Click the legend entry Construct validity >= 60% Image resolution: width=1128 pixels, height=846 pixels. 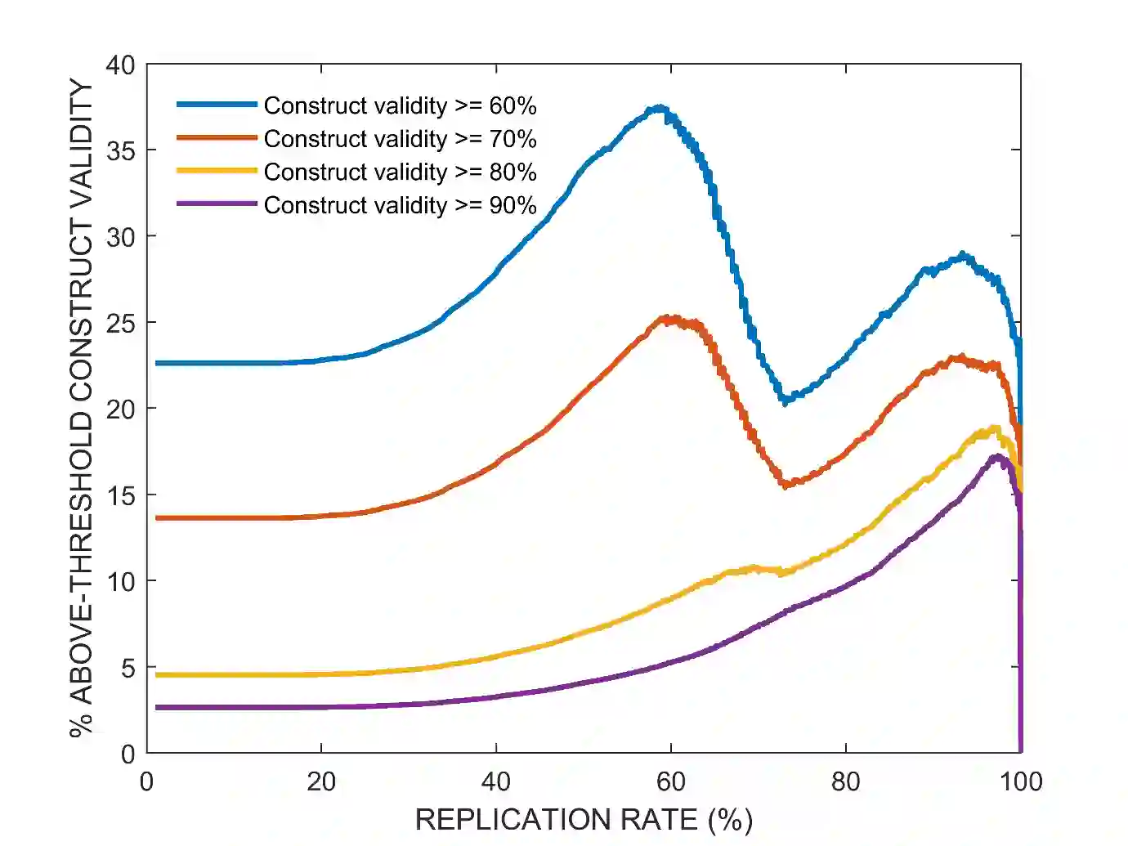[400, 106]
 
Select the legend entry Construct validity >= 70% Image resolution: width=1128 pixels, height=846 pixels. [400, 139]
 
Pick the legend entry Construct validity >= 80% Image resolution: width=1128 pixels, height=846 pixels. [400, 172]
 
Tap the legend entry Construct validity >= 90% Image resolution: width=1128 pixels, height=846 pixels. [400, 205]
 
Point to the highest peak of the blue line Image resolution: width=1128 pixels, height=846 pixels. [659, 108]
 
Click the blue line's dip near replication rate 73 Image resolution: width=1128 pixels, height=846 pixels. [785, 401]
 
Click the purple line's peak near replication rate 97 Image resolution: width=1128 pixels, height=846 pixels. [996, 456]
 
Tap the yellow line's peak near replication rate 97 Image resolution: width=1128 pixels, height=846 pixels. [995, 427]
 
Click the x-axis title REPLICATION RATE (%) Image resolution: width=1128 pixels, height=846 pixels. [584, 819]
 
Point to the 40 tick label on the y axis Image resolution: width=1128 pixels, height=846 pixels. [120, 65]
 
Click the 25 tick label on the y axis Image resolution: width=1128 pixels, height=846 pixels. [120, 323]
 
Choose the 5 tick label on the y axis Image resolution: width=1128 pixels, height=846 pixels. [128, 668]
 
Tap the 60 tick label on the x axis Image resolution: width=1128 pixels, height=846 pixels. [671, 782]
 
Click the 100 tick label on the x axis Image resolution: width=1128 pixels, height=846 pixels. [1021, 782]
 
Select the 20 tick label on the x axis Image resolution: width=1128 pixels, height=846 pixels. [321, 782]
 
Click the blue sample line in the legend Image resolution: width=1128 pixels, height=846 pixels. [217, 105]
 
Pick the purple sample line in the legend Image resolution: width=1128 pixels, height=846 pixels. [217, 204]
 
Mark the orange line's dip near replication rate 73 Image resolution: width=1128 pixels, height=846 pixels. [786, 485]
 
